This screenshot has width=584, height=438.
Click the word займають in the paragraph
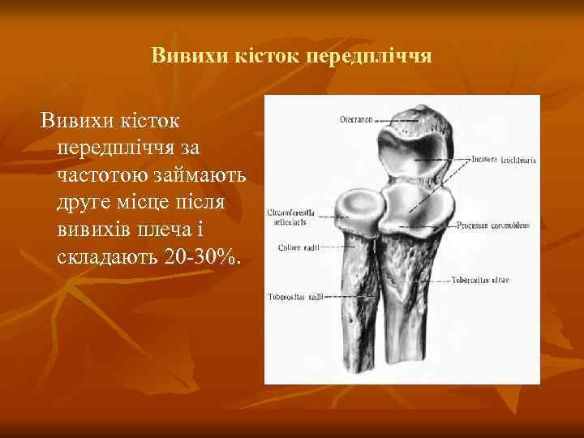pos(198,175)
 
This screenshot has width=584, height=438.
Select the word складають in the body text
pos(107,258)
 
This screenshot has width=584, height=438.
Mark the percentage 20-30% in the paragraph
pos(202,258)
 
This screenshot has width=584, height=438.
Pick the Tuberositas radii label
pos(295,297)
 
